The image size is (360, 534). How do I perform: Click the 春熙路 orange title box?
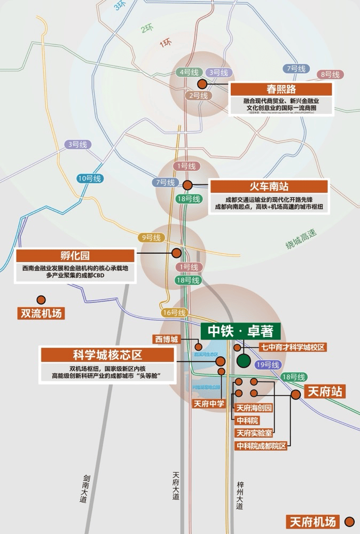click(281, 89)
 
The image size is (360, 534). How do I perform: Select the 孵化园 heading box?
click(75, 256)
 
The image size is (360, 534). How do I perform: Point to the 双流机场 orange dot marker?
click(41, 300)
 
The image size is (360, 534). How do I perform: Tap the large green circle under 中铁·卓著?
click(244, 360)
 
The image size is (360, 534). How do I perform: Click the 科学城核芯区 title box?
click(107, 355)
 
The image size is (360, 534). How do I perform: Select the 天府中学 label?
click(209, 403)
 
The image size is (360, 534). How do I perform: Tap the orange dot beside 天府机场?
click(350, 521)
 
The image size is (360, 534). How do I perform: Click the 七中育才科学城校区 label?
click(293, 347)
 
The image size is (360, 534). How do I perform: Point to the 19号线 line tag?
click(268, 365)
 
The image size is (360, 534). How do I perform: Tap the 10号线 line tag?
click(89, 178)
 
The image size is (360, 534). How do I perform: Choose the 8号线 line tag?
click(331, 75)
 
